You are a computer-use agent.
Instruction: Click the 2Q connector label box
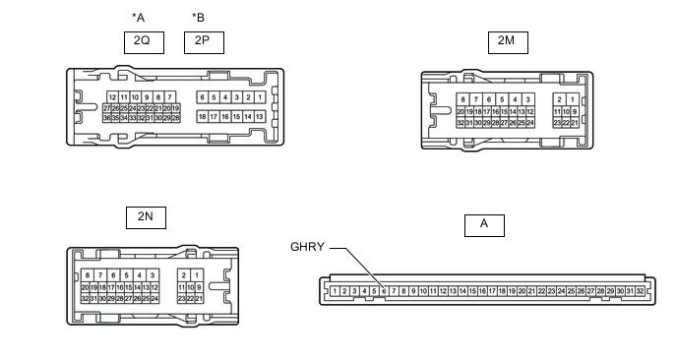tap(144, 42)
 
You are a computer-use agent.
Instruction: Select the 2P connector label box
tap(204, 42)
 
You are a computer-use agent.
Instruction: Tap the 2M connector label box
tap(508, 42)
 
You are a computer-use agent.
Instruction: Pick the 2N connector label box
tap(146, 217)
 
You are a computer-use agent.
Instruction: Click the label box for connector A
tap(484, 225)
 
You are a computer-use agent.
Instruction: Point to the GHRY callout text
tap(307, 247)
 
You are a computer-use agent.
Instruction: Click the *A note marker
tap(138, 18)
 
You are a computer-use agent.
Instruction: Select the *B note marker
tap(198, 18)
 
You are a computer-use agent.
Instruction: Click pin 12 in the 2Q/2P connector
tap(113, 97)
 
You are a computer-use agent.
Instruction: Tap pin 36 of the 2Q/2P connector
tap(106, 118)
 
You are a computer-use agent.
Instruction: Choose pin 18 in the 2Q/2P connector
tap(202, 116)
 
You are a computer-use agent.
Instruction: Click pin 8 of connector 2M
tap(462, 99)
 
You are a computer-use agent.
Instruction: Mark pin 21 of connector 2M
tap(575, 123)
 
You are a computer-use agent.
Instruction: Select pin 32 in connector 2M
tap(461, 123)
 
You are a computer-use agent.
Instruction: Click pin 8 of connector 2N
tap(88, 275)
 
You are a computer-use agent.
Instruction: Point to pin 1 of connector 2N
tap(197, 275)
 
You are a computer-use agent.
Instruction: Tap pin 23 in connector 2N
tap(181, 298)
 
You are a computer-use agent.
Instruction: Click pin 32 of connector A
tap(640, 291)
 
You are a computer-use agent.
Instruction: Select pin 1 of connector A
tap(335, 291)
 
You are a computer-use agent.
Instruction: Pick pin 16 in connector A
tap(482, 291)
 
